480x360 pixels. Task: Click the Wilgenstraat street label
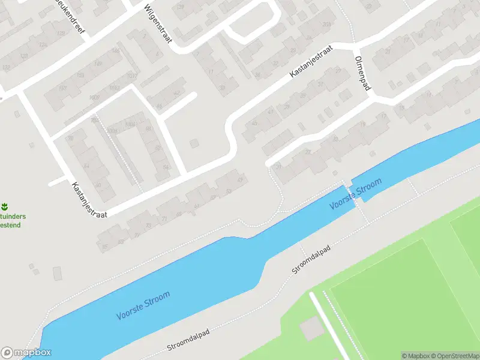tap(158, 26)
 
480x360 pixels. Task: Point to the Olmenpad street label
tap(364, 75)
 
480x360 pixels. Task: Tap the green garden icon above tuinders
tap(5, 205)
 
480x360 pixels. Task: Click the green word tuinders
tap(13, 217)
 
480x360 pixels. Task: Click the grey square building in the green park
tap(311, 328)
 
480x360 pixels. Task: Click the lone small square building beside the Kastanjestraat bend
tap(194, 143)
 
